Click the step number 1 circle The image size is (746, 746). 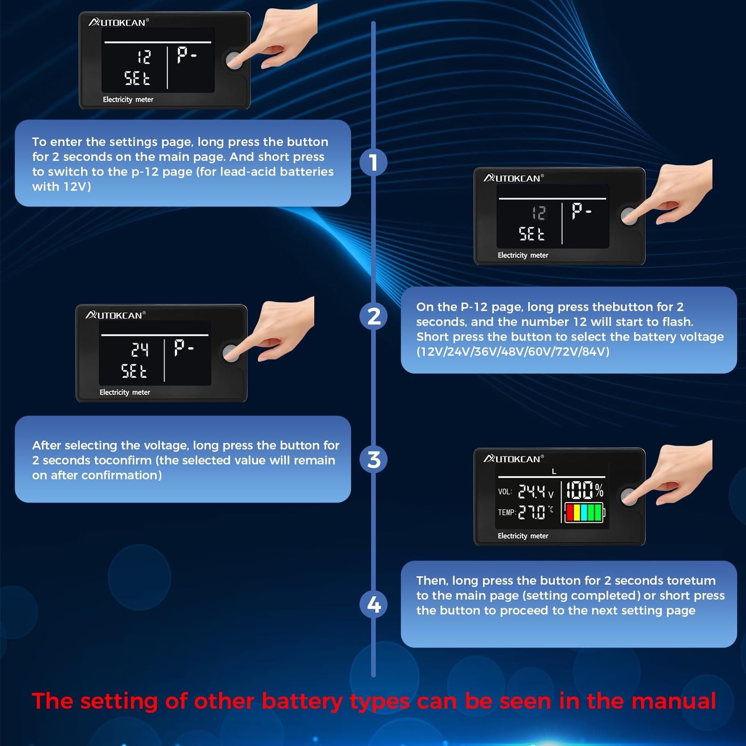[x=373, y=162]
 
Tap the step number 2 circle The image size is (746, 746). [x=373, y=316]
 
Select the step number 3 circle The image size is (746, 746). [x=373, y=459]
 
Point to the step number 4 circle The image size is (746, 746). [x=373, y=604]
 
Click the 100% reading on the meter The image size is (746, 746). [x=585, y=490]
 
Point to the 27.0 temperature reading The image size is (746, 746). [x=532, y=512]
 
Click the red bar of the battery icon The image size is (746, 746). [x=570, y=513]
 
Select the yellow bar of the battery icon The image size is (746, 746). [x=577, y=513]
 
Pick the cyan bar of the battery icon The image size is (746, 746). [x=584, y=513]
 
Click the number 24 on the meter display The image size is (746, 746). [x=140, y=349]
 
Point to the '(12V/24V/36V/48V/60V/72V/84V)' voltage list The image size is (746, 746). [x=513, y=352]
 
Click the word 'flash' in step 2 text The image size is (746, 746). [x=677, y=321]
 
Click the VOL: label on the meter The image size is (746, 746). [x=505, y=492]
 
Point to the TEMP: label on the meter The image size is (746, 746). [x=507, y=512]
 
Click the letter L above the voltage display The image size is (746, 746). [x=554, y=471]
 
